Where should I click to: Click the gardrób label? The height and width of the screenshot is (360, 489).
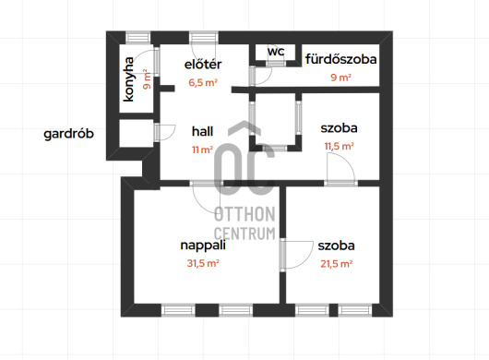click(x=68, y=134)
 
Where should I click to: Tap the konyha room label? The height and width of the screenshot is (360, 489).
click(x=128, y=79)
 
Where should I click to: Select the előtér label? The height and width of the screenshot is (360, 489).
click(x=203, y=65)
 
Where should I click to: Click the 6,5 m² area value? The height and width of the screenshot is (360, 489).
click(x=203, y=83)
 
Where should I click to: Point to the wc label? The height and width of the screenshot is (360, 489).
click(x=276, y=52)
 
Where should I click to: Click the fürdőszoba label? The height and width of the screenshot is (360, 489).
click(x=340, y=59)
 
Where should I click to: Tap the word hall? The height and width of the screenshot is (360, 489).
click(x=202, y=131)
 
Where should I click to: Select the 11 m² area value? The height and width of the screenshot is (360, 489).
click(x=202, y=150)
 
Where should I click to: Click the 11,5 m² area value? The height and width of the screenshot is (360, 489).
click(x=339, y=146)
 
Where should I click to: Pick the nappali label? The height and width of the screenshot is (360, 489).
click(x=203, y=246)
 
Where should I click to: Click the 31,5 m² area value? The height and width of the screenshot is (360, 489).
click(x=203, y=263)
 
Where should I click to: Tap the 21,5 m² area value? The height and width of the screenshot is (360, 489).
click(x=337, y=264)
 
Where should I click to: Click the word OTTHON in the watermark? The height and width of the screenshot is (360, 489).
click(x=244, y=214)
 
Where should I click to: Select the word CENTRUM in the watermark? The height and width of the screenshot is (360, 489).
click(x=244, y=234)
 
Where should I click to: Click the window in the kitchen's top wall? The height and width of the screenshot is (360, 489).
click(x=137, y=38)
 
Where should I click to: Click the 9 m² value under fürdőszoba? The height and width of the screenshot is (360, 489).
click(x=340, y=77)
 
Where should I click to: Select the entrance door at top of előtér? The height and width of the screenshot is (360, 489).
click(x=204, y=38)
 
